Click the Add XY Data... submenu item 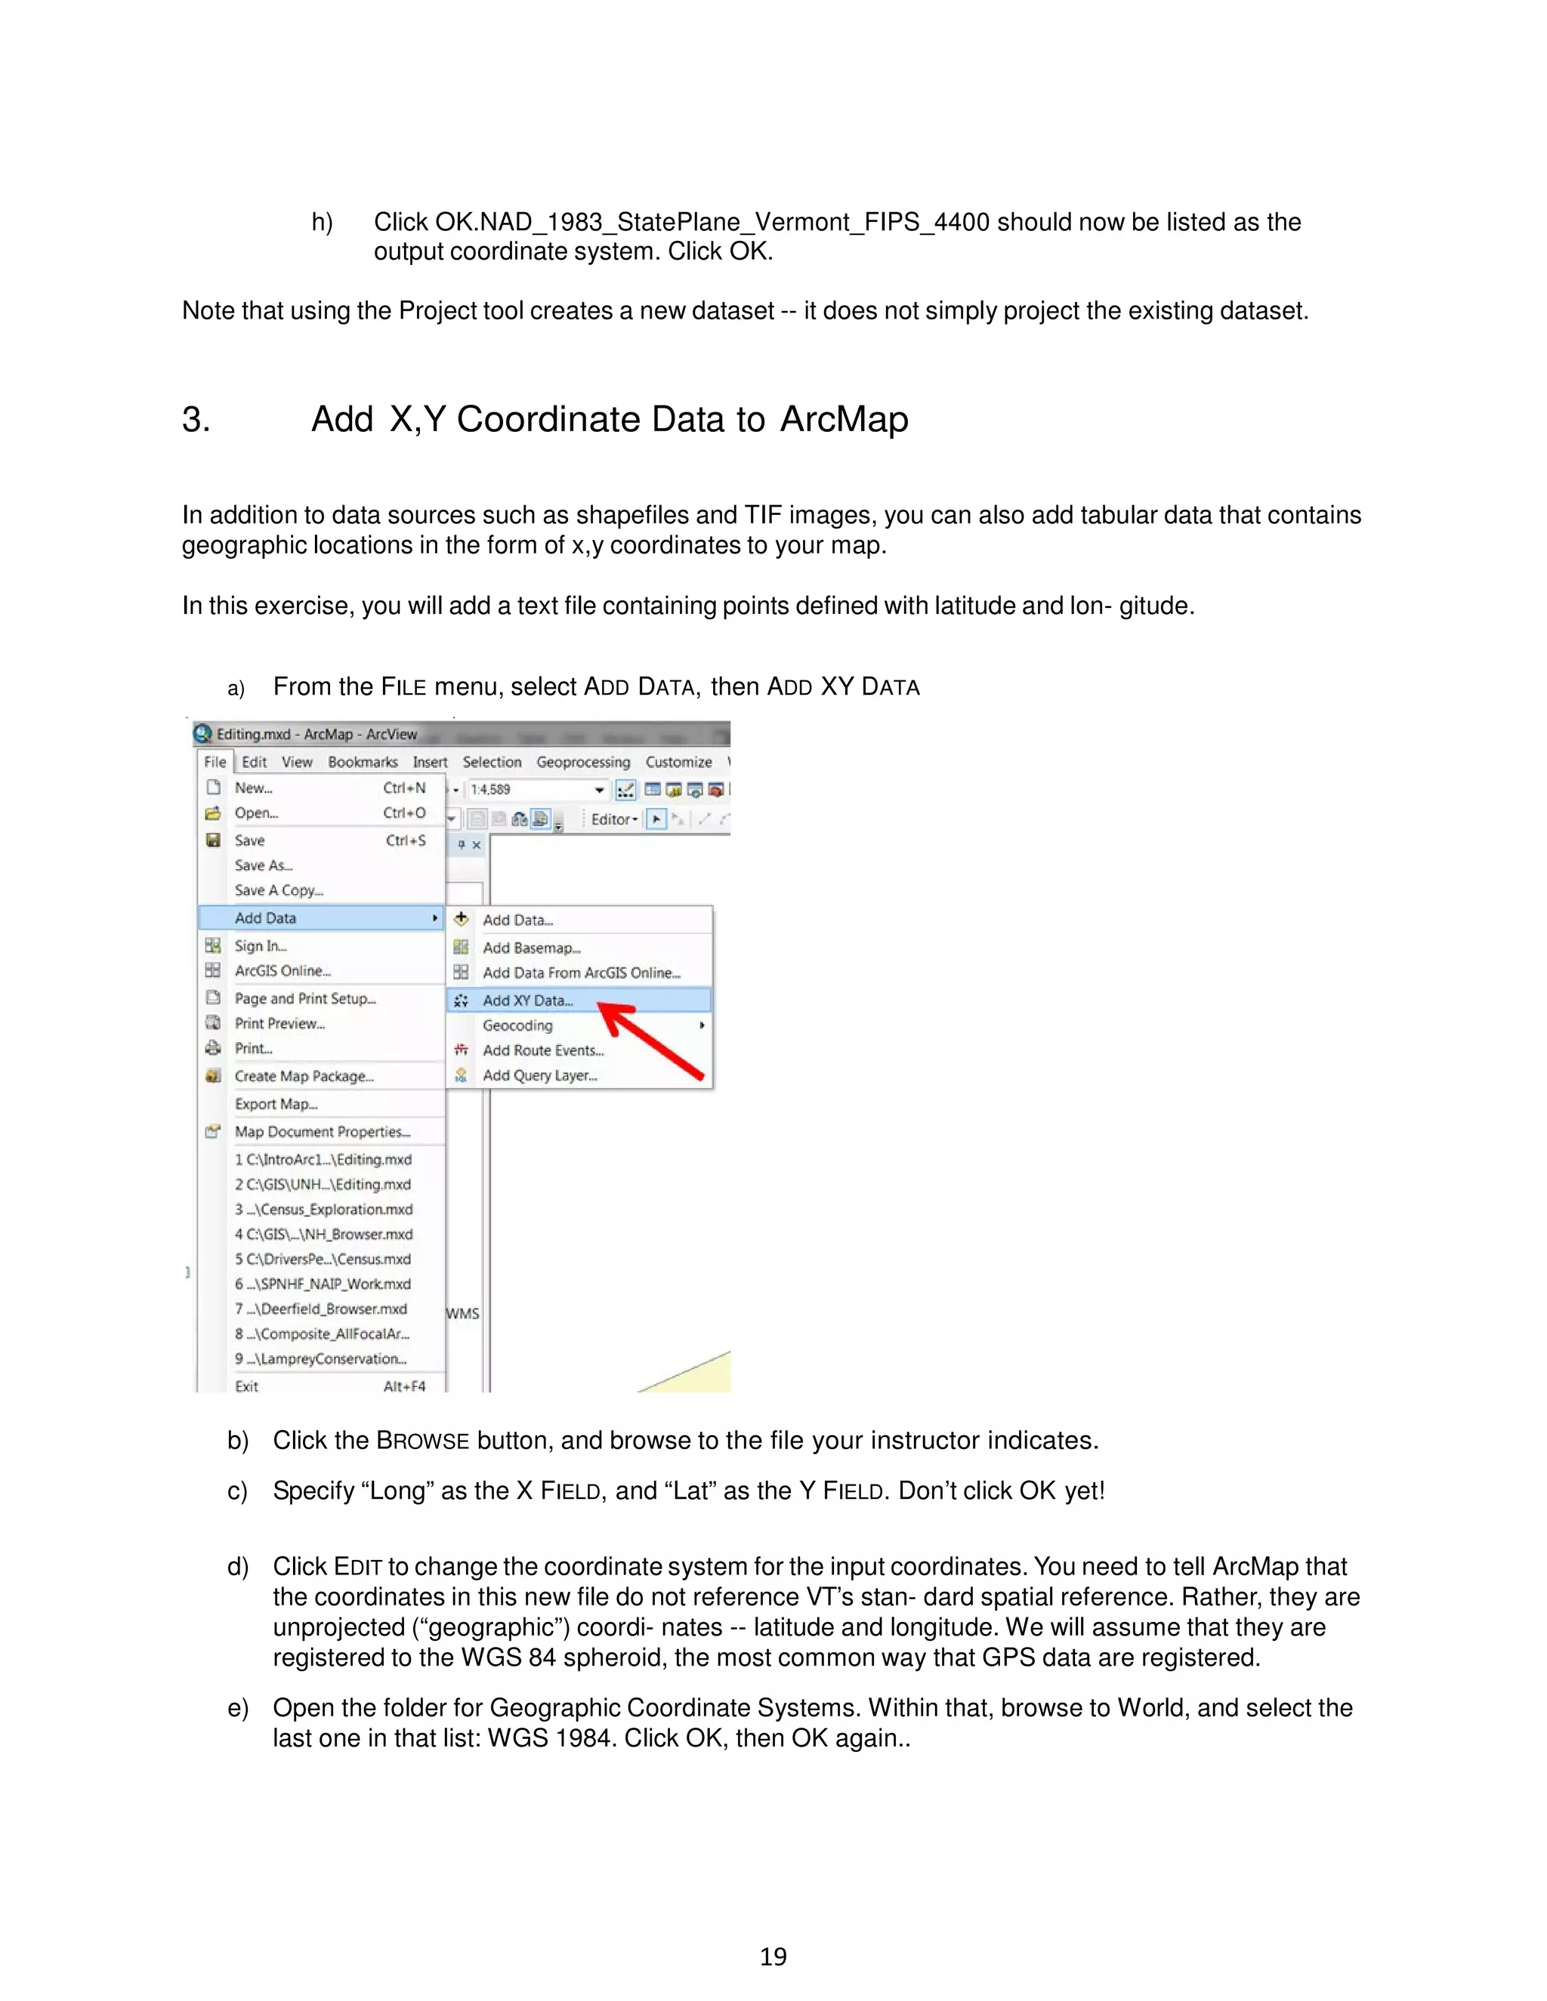[x=527, y=1000]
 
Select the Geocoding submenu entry [x=517, y=1025]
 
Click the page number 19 [x=773, y=1956]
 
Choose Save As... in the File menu [x=263, y=865]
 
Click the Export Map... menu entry [x=276, y=1104]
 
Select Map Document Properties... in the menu [x=322, y=1132]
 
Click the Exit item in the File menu [x=246, y=1386]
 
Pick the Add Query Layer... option [x=540, y=1074]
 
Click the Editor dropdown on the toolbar [x=614, y=819]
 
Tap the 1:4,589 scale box [x=532, y=789]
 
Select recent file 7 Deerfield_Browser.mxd [x=321, y=1309]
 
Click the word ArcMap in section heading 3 [x=844, y=419]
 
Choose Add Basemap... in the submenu [x=532, y=948]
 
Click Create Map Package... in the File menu [x=304, y=1075]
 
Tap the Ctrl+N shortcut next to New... [x=404, y=787]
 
